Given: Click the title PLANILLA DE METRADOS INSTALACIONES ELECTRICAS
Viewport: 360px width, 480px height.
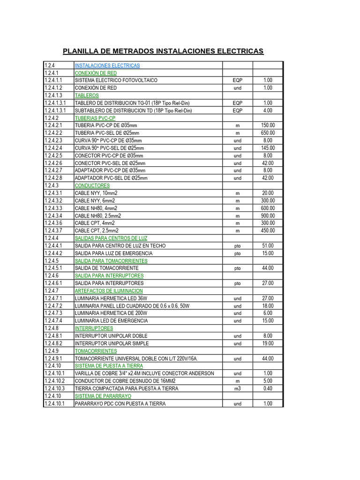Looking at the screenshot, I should [163, 51].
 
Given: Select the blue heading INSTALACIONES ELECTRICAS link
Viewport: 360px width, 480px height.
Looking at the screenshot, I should [107, 66].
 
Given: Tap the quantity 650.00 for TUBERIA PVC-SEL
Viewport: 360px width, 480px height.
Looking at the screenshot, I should [268, 133].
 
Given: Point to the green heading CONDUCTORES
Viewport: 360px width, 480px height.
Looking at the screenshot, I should [92, 186].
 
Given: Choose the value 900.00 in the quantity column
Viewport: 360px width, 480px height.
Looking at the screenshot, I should [268, 216].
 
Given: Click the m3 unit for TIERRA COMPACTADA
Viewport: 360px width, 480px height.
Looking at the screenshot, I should [237, 389].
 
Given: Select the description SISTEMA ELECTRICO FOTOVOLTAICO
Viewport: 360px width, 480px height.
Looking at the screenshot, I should [116, 81].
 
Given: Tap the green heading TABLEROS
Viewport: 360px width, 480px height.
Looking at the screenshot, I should [87, 96].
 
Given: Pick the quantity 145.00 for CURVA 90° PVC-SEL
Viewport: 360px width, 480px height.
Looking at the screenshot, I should [268, 148].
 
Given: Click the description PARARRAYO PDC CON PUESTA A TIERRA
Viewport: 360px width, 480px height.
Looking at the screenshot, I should [120, 404].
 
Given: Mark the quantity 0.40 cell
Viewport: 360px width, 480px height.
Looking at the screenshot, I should [268, 389].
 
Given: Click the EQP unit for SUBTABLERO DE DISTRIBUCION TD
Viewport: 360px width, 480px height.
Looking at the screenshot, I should [237, 111].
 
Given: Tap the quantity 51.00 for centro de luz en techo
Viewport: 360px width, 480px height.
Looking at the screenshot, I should [268, 246].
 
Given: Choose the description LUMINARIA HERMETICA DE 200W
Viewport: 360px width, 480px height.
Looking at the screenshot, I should [111, 313].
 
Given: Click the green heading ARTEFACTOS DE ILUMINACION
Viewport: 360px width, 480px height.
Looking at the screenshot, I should [109, 291].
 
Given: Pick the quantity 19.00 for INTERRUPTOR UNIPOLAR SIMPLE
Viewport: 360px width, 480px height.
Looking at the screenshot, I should [268, 343].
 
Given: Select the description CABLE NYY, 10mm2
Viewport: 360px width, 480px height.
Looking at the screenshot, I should [96, 193].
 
